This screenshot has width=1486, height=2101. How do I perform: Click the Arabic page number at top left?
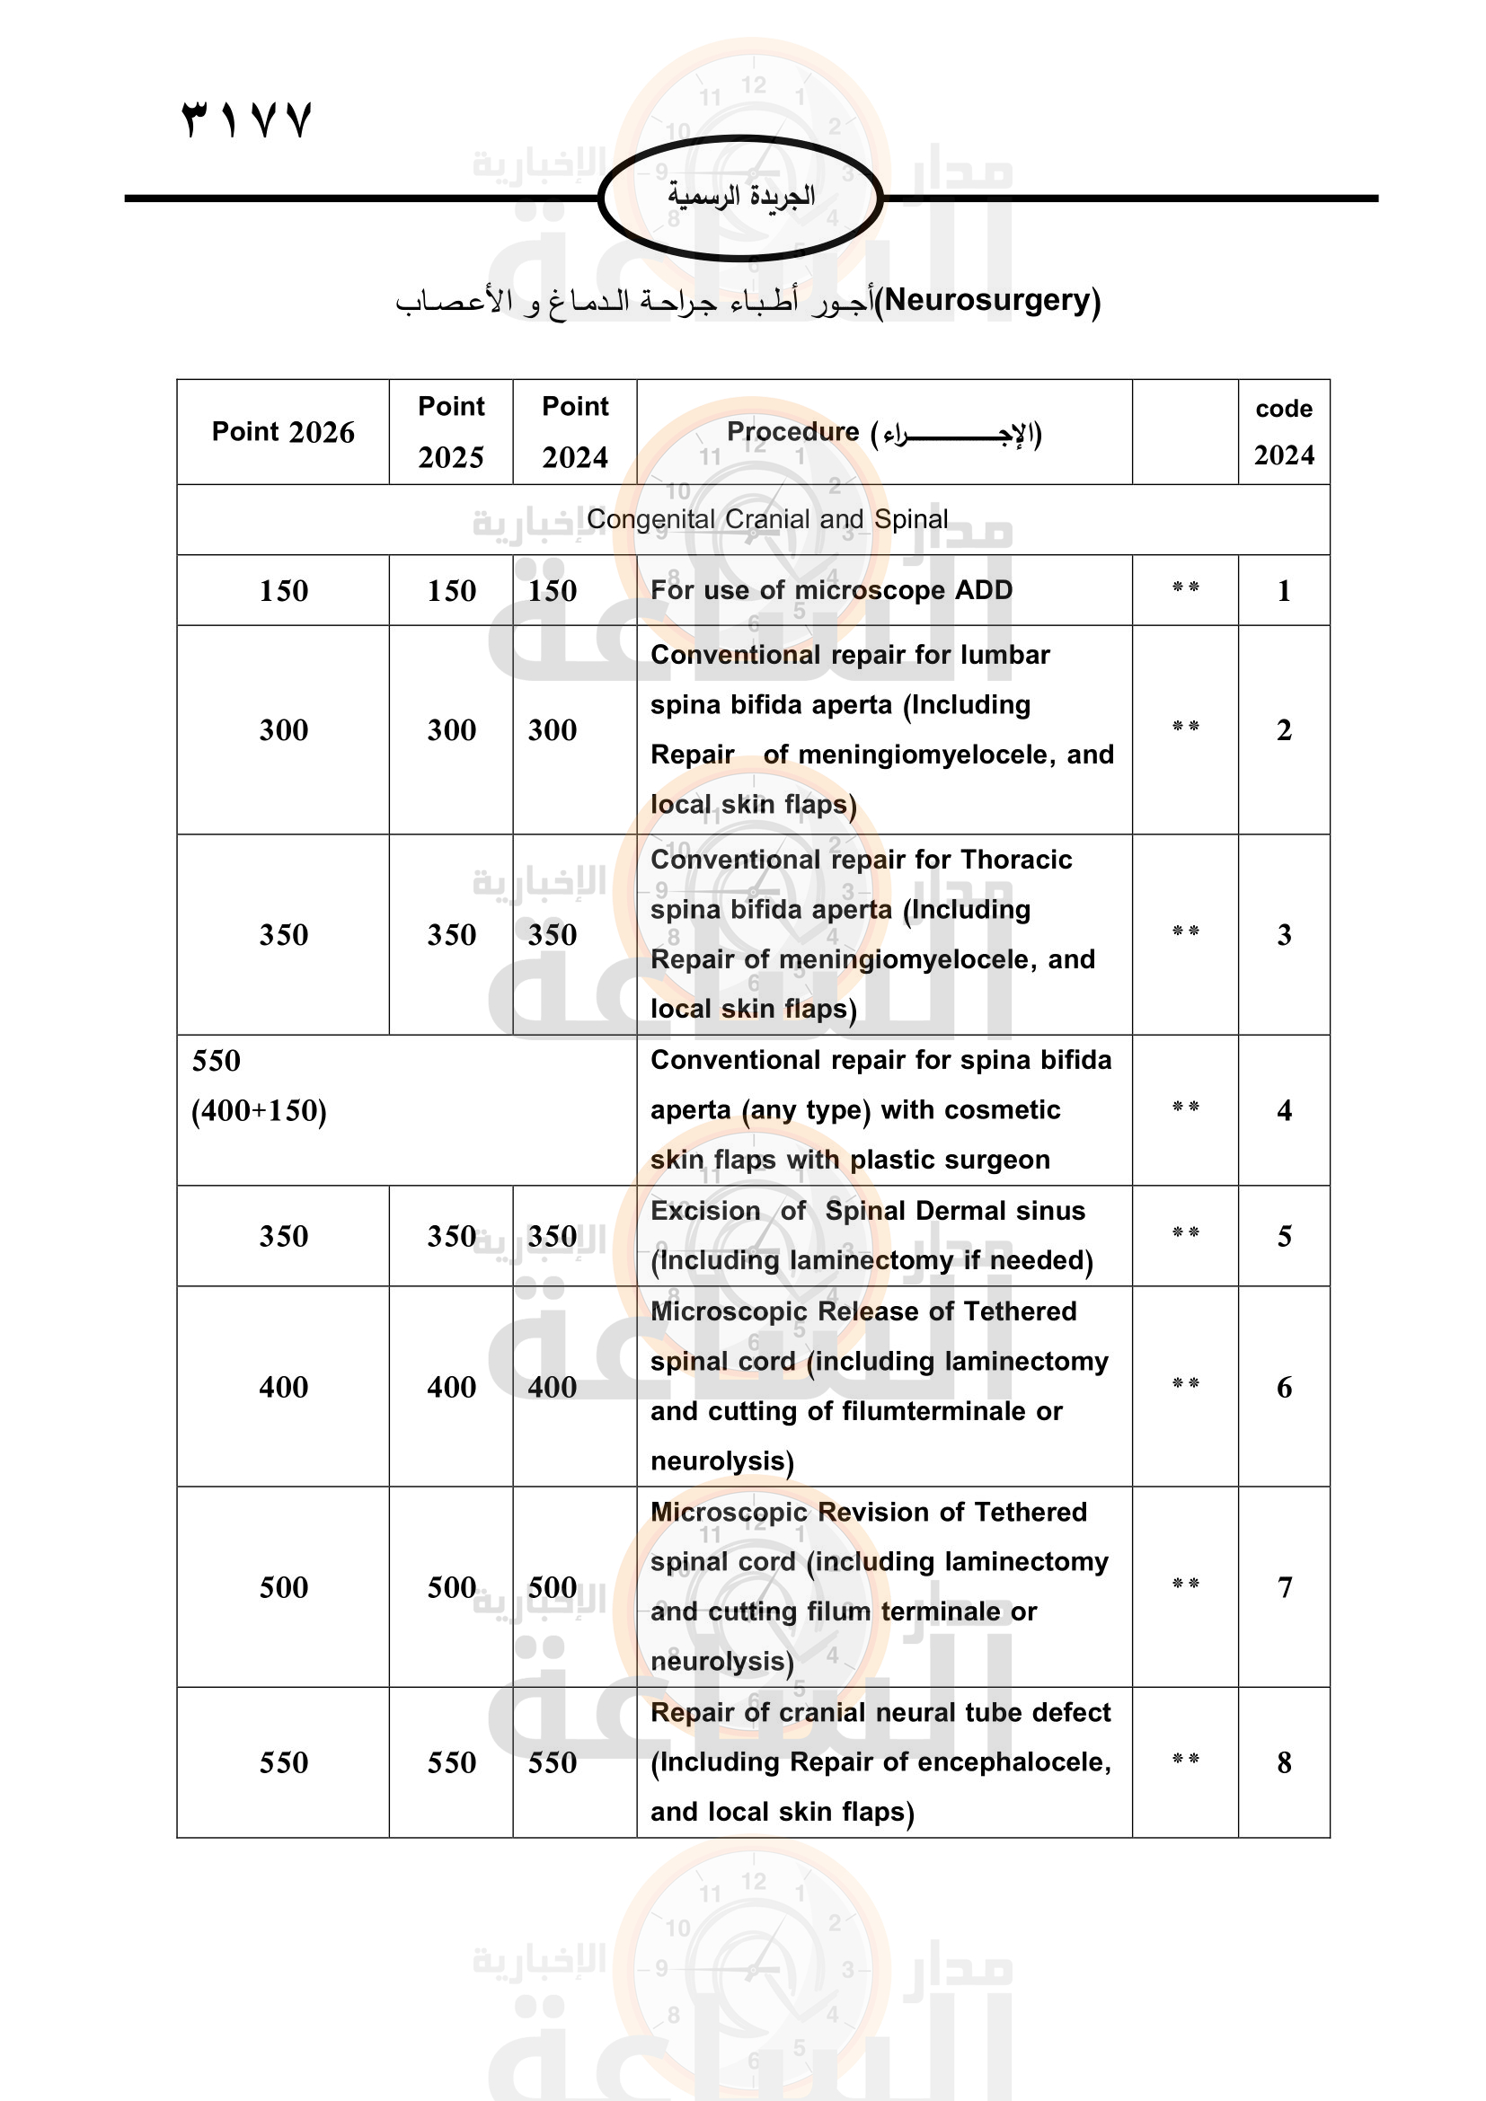(247, 119)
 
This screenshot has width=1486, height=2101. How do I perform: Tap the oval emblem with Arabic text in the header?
(740, 198)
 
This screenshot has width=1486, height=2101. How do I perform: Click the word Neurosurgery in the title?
(988, 300)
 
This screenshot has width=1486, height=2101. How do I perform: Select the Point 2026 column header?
(283, 432)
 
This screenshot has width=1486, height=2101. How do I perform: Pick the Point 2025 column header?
(451, 432)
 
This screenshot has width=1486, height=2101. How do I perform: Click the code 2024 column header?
(1283, 432)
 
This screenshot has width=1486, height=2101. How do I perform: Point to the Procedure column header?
(884, 432)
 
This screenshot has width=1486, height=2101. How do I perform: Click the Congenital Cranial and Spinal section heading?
(766, 520)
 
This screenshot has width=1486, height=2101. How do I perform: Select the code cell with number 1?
(1284, 591)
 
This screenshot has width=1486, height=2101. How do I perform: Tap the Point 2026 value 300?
(284, 730)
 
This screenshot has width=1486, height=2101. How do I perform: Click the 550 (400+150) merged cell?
(259, 1086)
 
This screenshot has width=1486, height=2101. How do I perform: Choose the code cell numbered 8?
(1284, 1762)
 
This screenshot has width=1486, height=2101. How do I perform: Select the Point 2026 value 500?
(284, 1586)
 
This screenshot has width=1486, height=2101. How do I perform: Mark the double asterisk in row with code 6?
(1185, 1383)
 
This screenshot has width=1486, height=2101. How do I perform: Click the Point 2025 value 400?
(451, 1387)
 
